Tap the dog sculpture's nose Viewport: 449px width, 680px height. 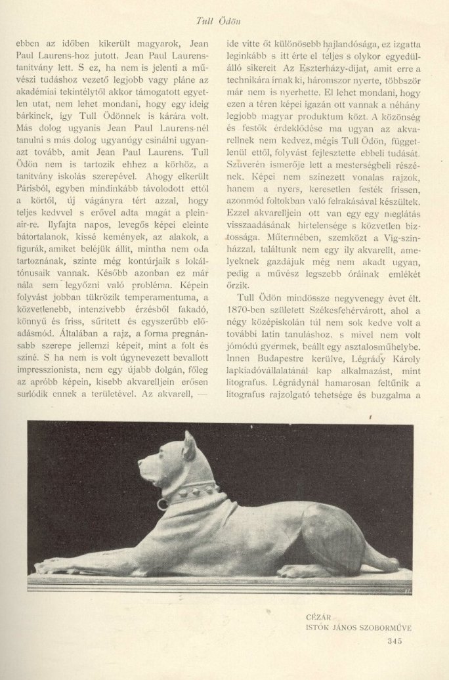[x=140, y=462]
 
